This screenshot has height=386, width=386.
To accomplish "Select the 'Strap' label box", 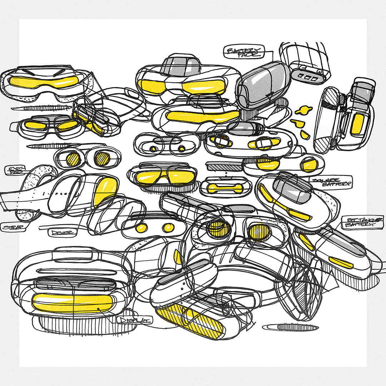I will (11, 227).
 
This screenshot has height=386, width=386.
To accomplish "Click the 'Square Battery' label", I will (332, 182).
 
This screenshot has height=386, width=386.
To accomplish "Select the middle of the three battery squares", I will (306, 76).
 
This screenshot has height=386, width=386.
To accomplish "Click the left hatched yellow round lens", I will (73, 158).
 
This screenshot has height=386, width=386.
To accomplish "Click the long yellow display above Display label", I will (71, 302).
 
